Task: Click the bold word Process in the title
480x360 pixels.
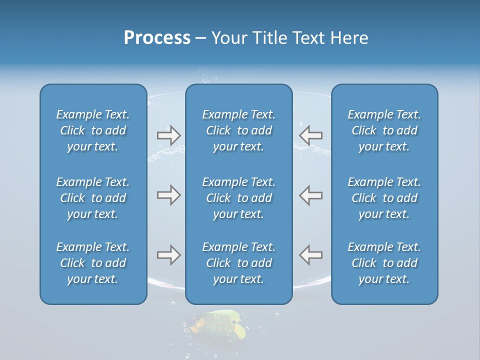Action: (x=157, y=38)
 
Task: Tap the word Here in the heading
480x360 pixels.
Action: (x=349, y=38)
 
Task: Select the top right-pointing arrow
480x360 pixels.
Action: (x=168, y=135)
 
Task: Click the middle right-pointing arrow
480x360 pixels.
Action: (x=168, y=195)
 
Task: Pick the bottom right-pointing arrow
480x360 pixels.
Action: (x=168, y=255)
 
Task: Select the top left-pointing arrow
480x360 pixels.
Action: (x=310, y=135)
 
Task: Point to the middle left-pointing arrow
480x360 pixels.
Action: (x=310, y=195)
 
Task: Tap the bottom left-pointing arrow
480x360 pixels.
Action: (x=310, y=255)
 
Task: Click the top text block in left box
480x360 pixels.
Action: (x=93, y=130)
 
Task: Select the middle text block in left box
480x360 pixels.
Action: (x=93, y=198)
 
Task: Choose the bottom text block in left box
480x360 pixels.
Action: (x=93, y=263)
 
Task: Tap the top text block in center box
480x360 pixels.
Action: (x=239, y=130)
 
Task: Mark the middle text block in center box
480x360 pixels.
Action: (x=239, y=198)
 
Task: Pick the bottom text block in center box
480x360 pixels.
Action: (x=239, y=263)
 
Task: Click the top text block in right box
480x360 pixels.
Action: (x=384, y=130)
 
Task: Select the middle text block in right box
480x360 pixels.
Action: (x=384, y=198)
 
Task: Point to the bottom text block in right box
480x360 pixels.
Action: (x=384, y=263)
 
